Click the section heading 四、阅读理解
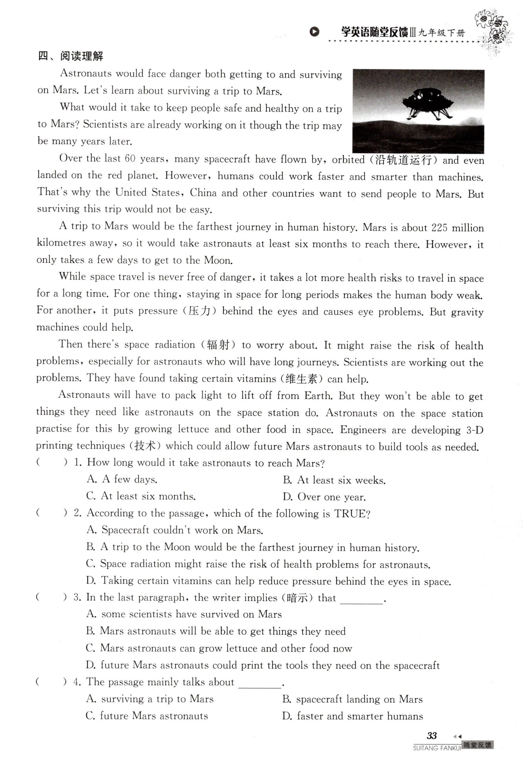pos(71,56)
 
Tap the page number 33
pos(432,735)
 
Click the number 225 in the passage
pos(439,228)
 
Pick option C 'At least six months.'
pos(141,496)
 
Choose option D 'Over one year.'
pos(324,497)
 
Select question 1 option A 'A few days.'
pos(122,479)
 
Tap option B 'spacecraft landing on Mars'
pos(352,699)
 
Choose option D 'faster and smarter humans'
pos(353,716)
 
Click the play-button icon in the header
pos(314,32)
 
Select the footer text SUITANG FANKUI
pos(437,748)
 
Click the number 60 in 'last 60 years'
pos(130,159)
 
